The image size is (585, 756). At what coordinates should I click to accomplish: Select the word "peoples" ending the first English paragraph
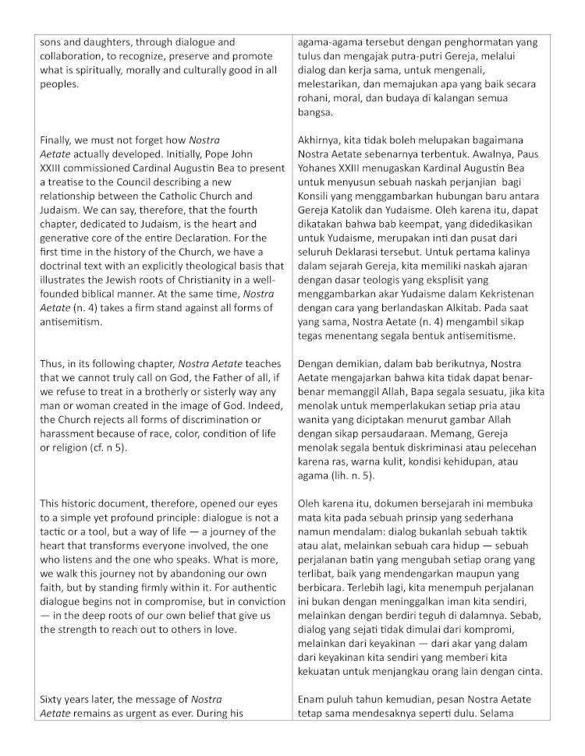point(58,84)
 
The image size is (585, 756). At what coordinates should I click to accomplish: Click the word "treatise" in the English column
point(63,182)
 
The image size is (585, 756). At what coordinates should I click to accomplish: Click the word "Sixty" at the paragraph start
point(52,699)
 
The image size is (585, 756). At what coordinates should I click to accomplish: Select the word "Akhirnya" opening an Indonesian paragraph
point(321,140)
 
